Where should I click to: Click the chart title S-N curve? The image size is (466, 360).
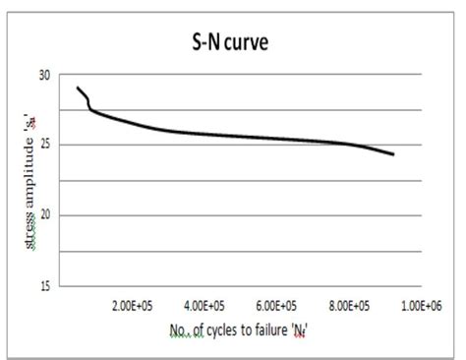point(233,44)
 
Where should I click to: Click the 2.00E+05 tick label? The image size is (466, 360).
point(133,306)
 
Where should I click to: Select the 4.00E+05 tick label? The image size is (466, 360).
point(206,306)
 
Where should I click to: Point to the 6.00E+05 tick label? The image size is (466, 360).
point(279,306)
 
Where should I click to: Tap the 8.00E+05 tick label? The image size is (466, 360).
point(352,306)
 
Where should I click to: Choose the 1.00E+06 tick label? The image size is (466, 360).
point(425,306)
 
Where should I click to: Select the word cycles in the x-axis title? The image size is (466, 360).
point(224,329)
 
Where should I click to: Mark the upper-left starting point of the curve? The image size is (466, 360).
point(78,88)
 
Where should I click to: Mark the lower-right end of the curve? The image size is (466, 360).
point(393,154)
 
